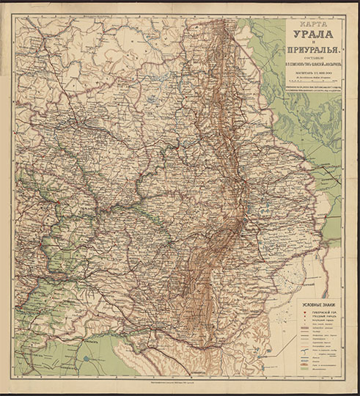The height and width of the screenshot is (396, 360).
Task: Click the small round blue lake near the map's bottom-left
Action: tap(87, 359)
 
